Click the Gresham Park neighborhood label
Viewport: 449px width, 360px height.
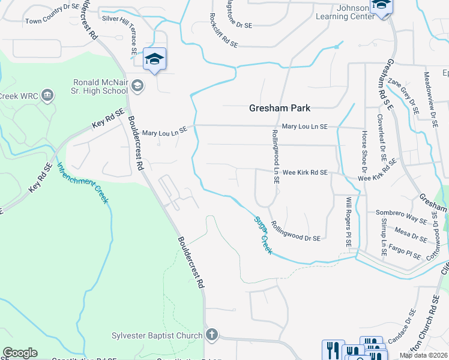pos(280,108)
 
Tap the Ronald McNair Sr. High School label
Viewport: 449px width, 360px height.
pos(100,86)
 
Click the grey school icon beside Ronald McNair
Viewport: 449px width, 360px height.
pos(137,86)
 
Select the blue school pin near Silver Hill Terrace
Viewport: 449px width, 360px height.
pos(155,59)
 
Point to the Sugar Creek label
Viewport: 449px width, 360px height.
pos(262,235)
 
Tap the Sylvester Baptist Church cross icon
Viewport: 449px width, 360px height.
pos(211,334)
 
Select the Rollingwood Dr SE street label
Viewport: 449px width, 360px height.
pos(295,230)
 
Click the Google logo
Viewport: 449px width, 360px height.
pos(20,353)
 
